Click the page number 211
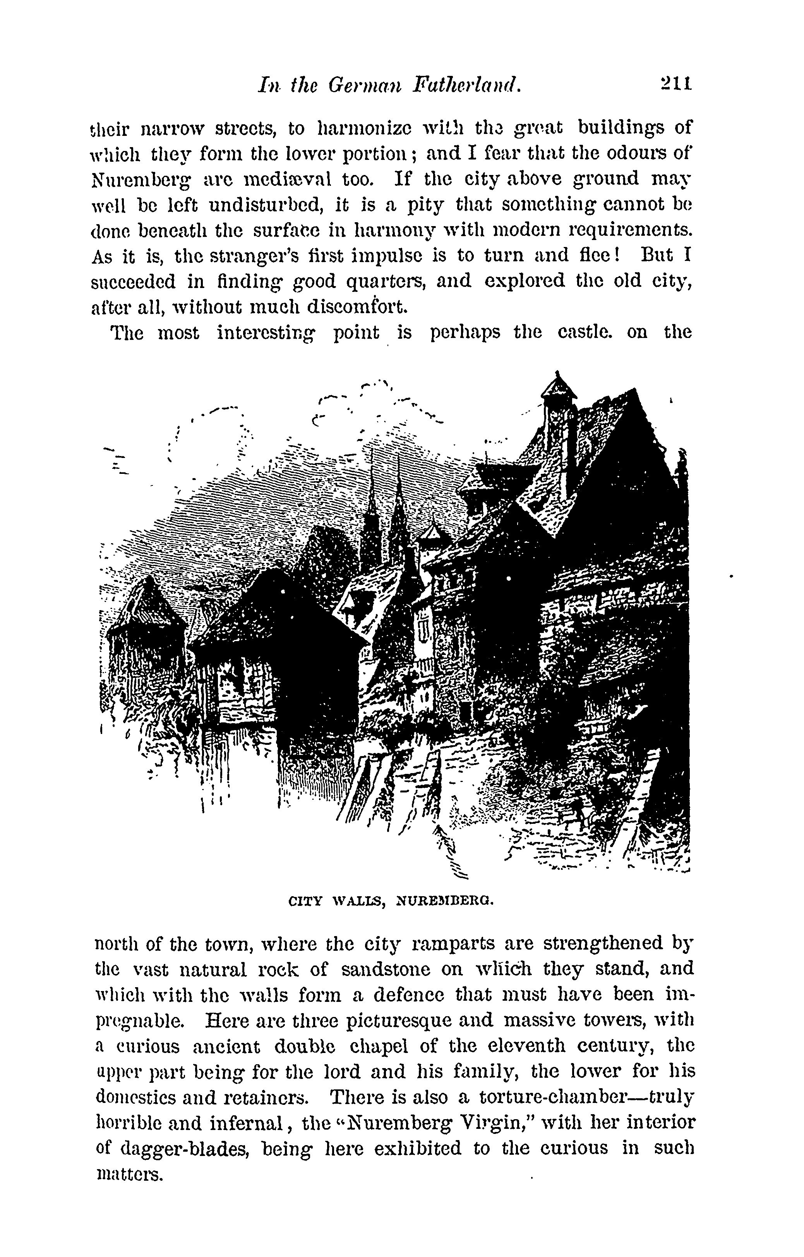tap(675, 84)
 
